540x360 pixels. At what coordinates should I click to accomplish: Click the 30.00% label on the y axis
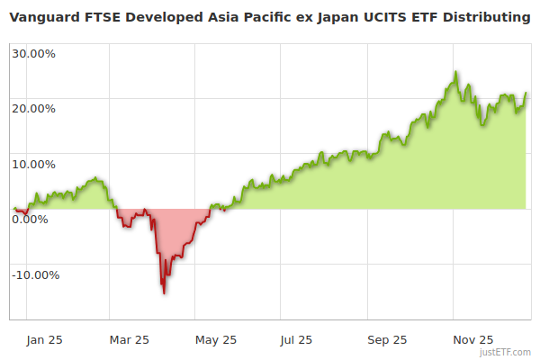click(x=33, y=53)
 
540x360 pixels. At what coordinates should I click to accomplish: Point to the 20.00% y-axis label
click(x=33, y=109)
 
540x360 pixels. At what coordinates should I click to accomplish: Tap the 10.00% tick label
click(x=33, y=165)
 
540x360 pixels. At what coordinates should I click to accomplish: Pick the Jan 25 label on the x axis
click(x=44, y=340)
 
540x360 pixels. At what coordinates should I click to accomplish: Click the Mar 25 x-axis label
click(x=129, y=340)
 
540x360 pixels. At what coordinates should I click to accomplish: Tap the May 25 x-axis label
click(x=215, y=340)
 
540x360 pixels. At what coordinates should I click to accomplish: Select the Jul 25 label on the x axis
click(x=296, y=340)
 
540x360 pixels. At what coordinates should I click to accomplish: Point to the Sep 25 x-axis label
click(x=388, y=340)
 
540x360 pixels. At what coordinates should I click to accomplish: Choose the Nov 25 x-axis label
click(x=472, y=340)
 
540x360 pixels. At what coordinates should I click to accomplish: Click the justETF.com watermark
click(x=506, y=352)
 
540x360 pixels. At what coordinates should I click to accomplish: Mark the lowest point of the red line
click(x=164, y=293)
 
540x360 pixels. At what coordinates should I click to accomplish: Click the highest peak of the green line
click(x=455, y=72)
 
